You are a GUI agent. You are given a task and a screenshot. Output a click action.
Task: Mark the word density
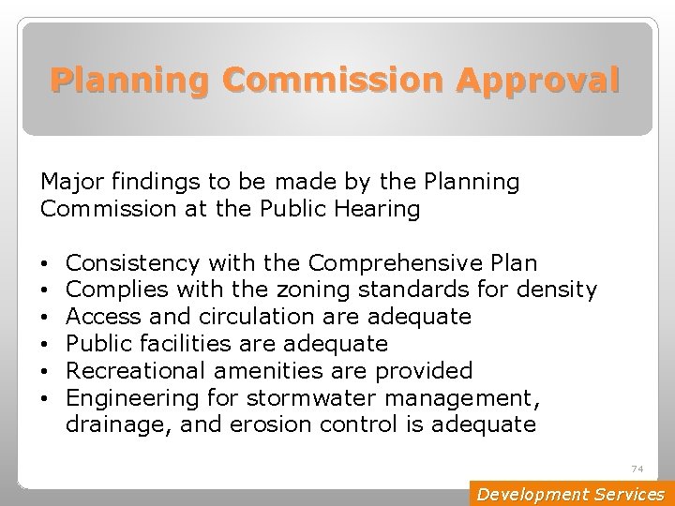point(560,290)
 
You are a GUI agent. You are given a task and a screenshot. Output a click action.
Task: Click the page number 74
point(637,469)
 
